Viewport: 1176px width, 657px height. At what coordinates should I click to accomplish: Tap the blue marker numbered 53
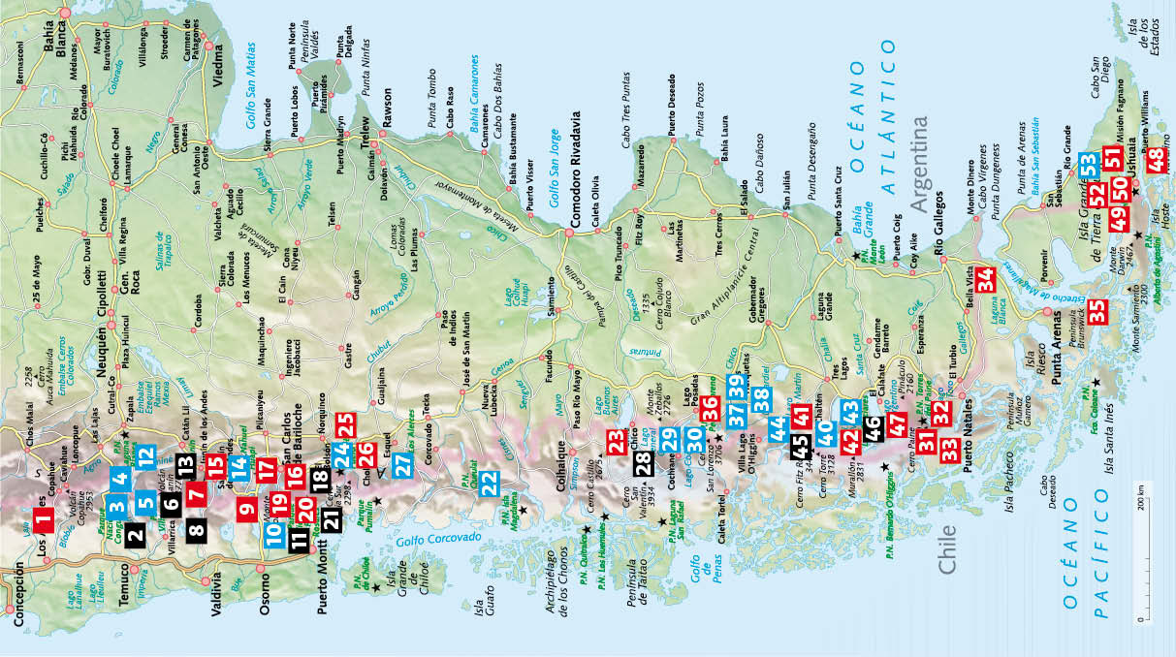1088,164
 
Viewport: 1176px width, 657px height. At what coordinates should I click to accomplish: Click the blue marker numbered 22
490,482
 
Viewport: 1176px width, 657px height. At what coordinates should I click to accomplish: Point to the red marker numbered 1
43,521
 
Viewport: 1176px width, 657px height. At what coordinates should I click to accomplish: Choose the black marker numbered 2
134,531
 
